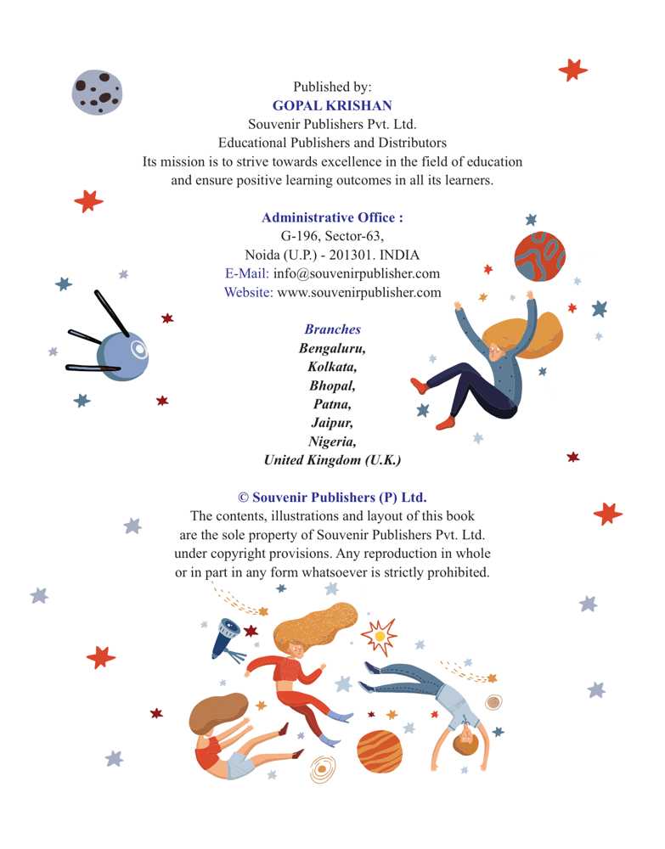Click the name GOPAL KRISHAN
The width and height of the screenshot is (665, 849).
click(x=332, y=105)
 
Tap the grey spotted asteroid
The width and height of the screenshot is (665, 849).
click(x=98, y=92)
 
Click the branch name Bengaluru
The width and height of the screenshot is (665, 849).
click(x=332, y=348)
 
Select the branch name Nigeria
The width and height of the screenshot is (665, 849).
click(x=332, y=441)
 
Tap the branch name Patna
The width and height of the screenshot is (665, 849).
click(x=332, y=404)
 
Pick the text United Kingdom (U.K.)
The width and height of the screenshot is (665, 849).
click(x=332, y=460)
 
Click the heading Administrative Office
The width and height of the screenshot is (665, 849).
click(x=332, y=217)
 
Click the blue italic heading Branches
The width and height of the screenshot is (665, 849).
click(x=332, y=329)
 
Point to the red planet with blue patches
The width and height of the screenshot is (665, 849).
click(x=539, y=256)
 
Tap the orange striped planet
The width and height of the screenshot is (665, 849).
click(x=379, y=751)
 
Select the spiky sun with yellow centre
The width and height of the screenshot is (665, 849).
click(x=379, y=636)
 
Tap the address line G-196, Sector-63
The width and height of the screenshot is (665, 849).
click(x=332, y=236)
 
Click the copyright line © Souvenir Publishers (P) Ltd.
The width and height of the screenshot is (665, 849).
click(x=332, y=498)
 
